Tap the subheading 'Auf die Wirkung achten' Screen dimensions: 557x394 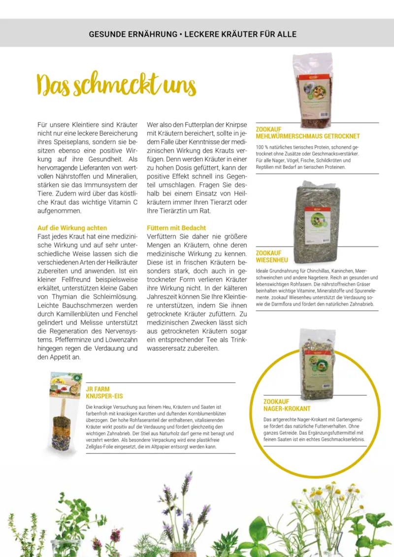72,228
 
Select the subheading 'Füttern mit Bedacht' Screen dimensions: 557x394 176,228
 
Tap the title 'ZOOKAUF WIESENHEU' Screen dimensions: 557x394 272,256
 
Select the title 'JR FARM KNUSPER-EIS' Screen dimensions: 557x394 104,392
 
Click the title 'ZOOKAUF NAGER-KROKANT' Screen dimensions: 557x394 287,405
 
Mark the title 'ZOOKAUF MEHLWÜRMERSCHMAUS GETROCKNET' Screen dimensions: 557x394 308,133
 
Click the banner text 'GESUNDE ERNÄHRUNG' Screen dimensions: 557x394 133,34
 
